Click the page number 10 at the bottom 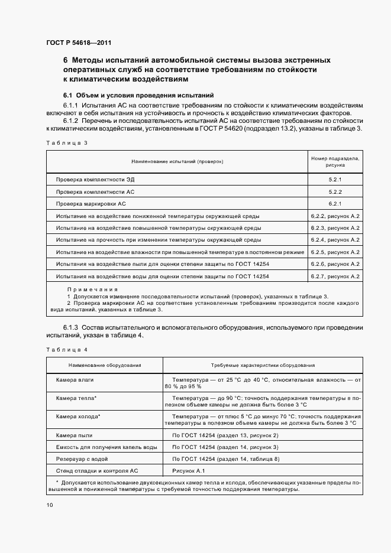click(x=49, y=505)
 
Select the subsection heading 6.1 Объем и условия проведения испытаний click(x=138, y=95)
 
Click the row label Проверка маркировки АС click(x=91, y=204)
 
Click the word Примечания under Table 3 click(x=89, y=289)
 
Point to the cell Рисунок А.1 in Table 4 click(x=188, y=470)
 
